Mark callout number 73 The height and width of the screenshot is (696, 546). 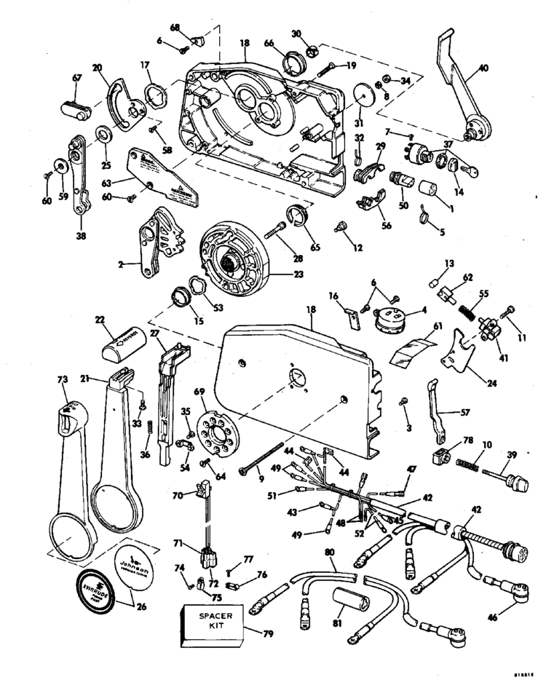click(x=62, y=379)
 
